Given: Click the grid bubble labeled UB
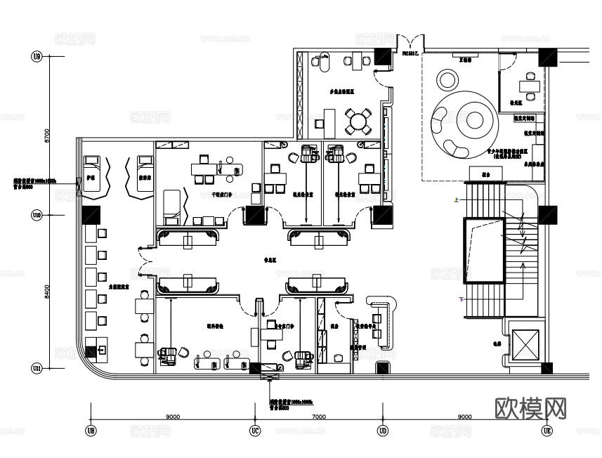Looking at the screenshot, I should pos(90,430).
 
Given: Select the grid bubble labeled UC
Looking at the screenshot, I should pos(255,430).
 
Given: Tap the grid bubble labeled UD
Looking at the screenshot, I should pos(383,430).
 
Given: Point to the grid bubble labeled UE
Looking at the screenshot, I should pos(547,430).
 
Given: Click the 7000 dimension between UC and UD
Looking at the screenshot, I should pos(318,417).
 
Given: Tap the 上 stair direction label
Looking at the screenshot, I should pos(457,200).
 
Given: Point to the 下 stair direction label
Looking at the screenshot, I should pos(462,300).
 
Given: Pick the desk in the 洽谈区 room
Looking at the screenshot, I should pos(529,86).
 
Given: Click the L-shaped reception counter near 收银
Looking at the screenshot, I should pos(386,320).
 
